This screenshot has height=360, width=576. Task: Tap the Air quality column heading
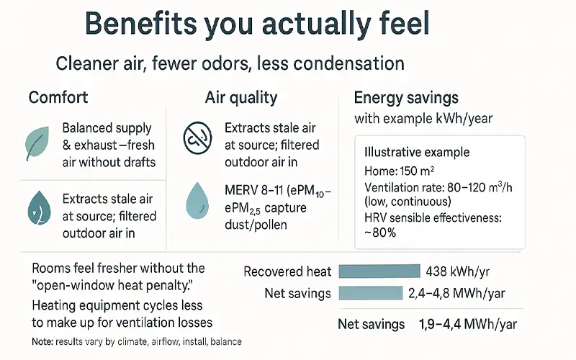pos(241,97)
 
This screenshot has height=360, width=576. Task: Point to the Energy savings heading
pos(408,97)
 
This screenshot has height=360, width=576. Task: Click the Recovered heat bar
pos(379,271)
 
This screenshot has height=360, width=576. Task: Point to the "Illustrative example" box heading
pos(417,152)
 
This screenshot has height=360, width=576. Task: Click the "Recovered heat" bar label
pos(287,271)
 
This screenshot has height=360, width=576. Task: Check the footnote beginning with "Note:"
pos(137,341)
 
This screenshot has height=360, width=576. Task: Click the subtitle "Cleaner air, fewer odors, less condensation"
pos(230,63)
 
